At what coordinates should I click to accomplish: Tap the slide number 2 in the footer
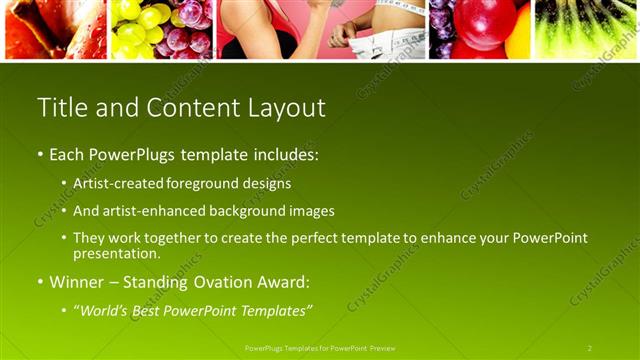coord(590,348)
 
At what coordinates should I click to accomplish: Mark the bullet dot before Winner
coord(40,283)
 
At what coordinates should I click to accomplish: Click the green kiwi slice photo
coord(586,28)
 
